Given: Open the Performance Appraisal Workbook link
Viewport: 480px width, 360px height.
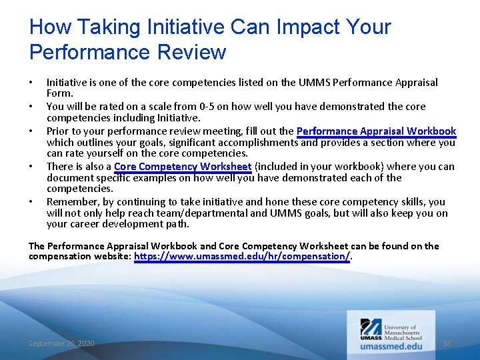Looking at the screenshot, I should [376, 131].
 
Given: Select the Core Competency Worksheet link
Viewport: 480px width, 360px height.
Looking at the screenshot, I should [183, 167].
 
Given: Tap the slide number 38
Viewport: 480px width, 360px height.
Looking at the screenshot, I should [447, 343].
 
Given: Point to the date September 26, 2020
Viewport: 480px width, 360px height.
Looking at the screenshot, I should [61, 343].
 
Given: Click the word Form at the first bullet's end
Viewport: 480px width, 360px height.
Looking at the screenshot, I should [59, 94].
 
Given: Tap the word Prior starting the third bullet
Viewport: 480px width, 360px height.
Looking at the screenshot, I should [57, 131].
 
